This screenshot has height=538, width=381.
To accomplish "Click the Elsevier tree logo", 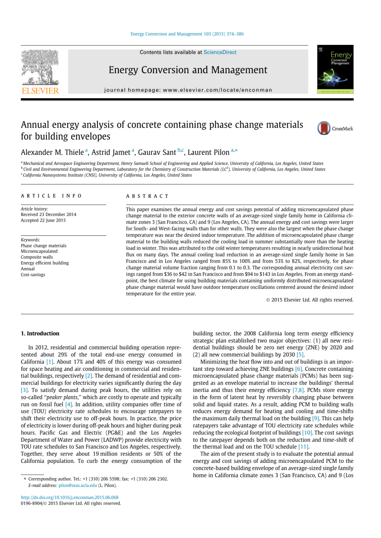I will click(x=40, y=67).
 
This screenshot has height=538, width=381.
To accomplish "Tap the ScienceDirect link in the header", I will click(x=220, y=52).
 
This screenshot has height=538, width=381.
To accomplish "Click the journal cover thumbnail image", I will click(x=335, y=69).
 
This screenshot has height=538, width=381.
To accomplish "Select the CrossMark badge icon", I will click(x=324, y=128).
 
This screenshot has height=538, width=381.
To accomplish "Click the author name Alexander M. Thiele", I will click(x=52, y=153).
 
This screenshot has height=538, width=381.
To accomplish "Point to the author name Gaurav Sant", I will click(x=157, y=153).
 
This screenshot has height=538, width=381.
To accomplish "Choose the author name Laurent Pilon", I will click(x=208, y=153).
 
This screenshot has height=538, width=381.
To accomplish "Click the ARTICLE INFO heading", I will click(x=51, y=196).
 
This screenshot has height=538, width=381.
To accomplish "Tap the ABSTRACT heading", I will click(x=147, y=196).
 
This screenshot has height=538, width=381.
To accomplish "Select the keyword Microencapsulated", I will click(x=39, y=252).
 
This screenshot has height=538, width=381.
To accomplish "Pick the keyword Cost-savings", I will click(x=33, y=275).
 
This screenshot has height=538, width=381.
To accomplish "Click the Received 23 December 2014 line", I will click(x=48, y=215).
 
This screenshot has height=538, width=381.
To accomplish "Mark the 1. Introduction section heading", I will click(x=40, y=334).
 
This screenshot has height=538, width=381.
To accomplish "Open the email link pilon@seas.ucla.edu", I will click(x=78, y=485).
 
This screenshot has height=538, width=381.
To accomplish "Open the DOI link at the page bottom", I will click(x=70, y=497).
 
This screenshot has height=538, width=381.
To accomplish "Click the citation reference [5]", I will click(x=300, y=355).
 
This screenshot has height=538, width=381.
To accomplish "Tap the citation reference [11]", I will click(x=303, y=447).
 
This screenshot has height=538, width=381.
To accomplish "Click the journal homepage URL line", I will click(x=188, y=90).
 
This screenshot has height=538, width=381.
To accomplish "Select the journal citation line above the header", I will click(x=187, y=34).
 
